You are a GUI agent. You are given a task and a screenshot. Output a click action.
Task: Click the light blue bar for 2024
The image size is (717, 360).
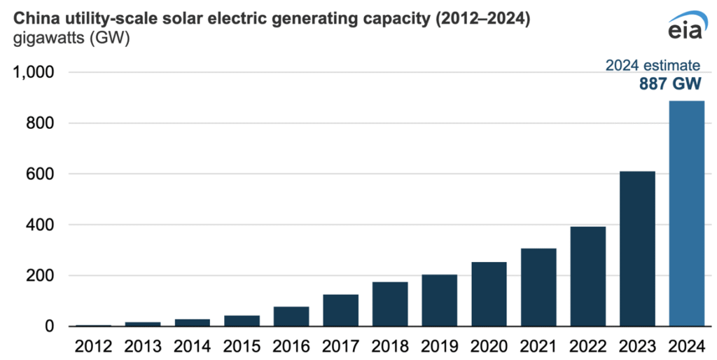coord(686,214)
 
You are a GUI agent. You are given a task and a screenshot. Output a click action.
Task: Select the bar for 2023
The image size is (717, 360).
coord(637,249)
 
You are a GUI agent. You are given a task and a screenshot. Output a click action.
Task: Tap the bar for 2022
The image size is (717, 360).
coord(588,276)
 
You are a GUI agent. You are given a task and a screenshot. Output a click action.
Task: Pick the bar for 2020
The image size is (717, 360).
coord(489,294)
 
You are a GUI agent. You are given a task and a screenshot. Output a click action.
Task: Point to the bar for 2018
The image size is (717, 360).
coord(390,304)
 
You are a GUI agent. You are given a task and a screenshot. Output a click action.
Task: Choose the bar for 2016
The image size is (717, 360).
coord(291,317)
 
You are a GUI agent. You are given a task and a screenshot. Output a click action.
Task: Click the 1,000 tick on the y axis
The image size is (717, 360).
coord(34,72)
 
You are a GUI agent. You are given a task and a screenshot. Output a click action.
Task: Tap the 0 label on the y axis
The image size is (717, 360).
coord(50,326)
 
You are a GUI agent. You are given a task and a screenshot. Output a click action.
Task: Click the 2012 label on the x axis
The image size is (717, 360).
coord(93,346)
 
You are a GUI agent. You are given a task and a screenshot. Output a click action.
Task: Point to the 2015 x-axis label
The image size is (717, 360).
coord(242,346)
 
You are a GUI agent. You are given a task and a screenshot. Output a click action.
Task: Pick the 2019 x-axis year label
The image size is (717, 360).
coord(440,346)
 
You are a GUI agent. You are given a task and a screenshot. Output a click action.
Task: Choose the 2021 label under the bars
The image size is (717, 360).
coord(538,346)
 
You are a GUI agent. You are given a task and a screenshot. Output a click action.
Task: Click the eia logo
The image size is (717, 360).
coord(688,26)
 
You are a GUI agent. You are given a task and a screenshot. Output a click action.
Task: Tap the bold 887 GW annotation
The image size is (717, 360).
coord(670,84)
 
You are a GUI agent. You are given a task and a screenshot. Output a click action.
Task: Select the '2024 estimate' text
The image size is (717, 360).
coord(653,65)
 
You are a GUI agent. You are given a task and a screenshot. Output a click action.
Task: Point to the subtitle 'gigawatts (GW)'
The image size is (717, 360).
coord(71,39)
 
